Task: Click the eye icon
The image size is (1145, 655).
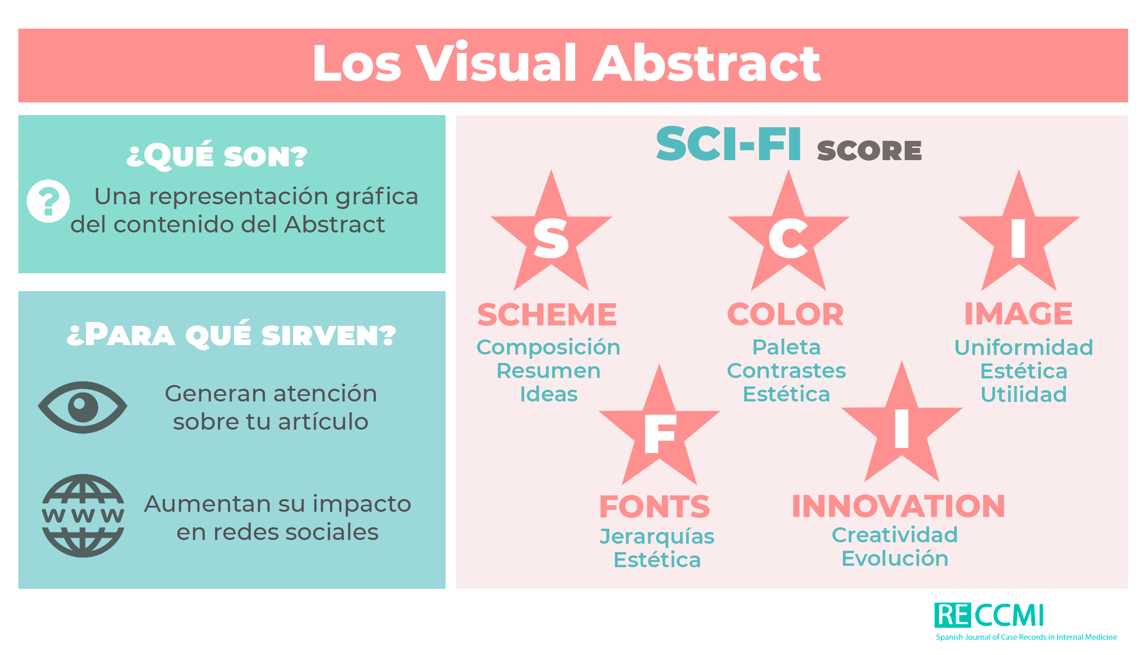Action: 83,407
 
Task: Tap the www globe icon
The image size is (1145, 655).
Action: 83,516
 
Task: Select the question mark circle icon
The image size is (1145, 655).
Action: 48,201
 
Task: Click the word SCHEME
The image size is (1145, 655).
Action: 547,314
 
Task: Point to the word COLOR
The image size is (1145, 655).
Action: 785,314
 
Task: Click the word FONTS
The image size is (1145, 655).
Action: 655,507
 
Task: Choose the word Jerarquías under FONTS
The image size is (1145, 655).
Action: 657,537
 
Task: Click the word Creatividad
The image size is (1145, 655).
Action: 895,535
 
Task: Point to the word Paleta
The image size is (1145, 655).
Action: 786,347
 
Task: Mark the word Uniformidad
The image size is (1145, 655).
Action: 1024,347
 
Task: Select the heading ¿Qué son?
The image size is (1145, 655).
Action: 217,155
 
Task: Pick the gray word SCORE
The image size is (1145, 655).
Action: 870,150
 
